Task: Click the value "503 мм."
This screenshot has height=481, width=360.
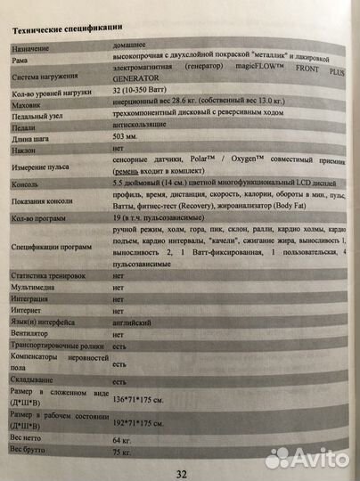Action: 127,150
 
